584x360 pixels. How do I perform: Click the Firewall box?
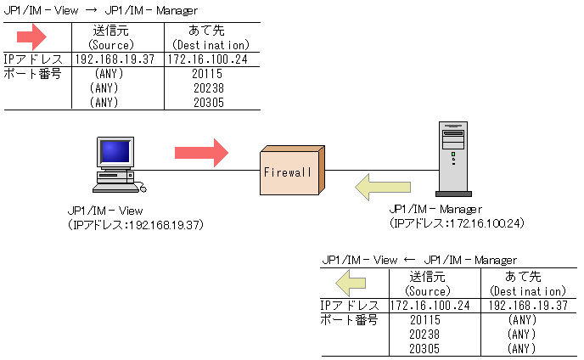pyautogui.click(x=292, y=171)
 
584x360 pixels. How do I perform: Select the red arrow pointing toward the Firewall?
pyautogui.click(x=201, y=153)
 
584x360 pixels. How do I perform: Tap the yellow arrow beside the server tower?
pyautogui.click(x=383, y=187)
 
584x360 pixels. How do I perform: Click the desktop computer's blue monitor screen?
pyautogui.click(x=115, y=151)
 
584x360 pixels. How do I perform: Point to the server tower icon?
pyautogui.click(x=453, y=159)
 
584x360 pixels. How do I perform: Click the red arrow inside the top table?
pyautogui.click(x=31, y=37)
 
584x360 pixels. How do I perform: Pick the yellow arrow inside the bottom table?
pyautogui.click(x=351, y=284)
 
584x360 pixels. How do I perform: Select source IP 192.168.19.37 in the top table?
pyautogui.click(x=115, y=59)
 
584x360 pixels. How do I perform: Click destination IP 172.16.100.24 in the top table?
pyautogui.click(x=207, y=59)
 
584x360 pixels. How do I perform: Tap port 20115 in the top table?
pyautogui.click(x=207, y=74)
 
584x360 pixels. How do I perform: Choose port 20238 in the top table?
pyautogui.click(x=209, y=88)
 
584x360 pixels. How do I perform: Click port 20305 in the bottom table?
pyautogui.click(x=424, y=349)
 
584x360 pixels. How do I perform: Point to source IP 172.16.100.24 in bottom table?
pyautogui.click(x=430, y=306)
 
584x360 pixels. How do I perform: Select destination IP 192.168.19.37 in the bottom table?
pyautogui.click(x=528, y=306)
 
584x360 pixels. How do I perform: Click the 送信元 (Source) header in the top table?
pyautogui.click(x=111, y=37)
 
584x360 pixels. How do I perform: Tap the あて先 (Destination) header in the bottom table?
pyautogui.click(x=527, y=284)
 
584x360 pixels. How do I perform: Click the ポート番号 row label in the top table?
pyautogui.click(x=32, y=74)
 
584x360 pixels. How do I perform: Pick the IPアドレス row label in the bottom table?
pyautogui.click(x=350, y=306)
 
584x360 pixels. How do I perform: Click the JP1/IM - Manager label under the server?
pyautogui.click(x=435, y=210)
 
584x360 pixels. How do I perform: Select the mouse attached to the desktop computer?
pyautogui.click(x=143, y=188)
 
